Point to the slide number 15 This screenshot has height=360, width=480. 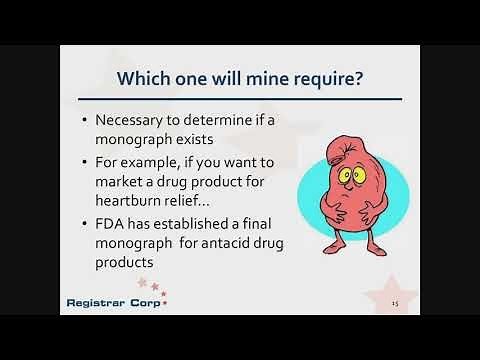395,303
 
